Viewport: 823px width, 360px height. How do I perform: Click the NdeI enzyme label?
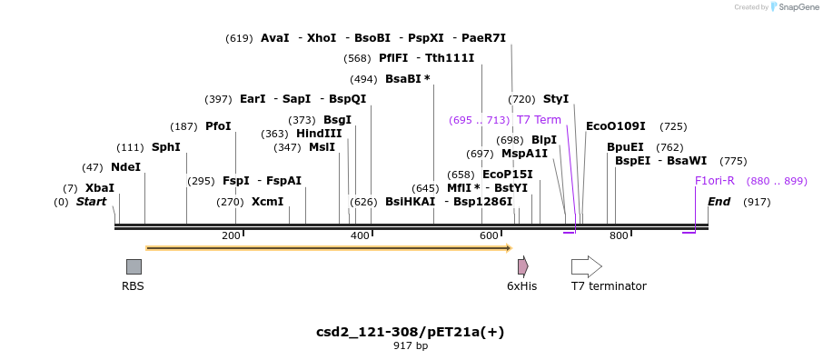point(125,167)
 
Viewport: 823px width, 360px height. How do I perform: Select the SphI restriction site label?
point(166,147)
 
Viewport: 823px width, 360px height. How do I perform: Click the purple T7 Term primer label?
point(539,120)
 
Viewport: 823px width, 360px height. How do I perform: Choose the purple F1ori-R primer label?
point(714,181)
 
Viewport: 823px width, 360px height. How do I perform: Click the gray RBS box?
point(134,266)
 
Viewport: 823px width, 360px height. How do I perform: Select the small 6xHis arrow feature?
point(522,266)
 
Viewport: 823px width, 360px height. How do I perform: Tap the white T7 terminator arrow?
point(586,266)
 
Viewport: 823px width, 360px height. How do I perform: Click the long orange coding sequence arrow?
point(327,247)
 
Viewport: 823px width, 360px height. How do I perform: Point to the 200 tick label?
point(231,236)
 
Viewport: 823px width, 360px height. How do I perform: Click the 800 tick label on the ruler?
point(619,236)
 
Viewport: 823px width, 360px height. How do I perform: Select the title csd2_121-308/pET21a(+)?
point(410,332)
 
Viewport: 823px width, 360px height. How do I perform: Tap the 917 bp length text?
point(410,345)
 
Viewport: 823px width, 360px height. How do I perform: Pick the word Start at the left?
point(91,202)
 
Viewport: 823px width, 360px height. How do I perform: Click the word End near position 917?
point(719,202)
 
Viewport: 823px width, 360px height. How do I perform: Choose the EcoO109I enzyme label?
point(615,126)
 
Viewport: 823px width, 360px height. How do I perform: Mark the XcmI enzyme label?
point(267,202)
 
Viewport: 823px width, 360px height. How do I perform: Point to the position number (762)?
point(669,147)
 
